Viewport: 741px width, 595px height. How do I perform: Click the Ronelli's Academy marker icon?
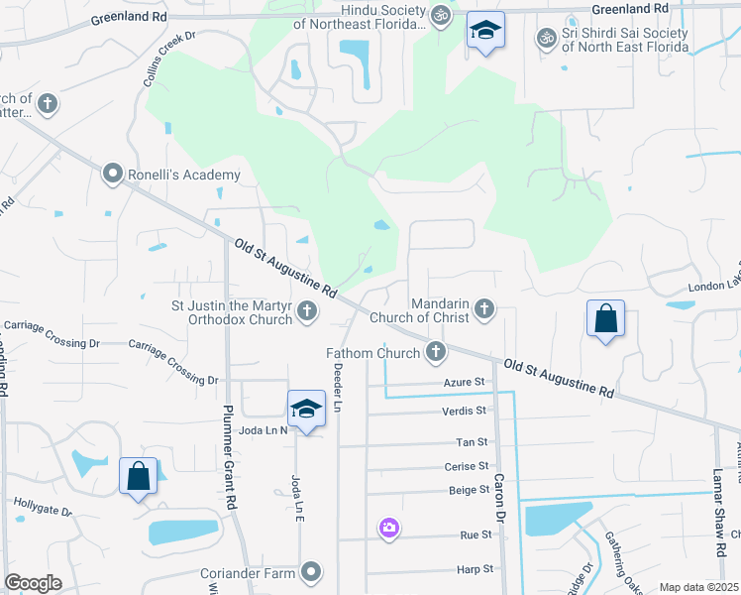click(x=112, y=175)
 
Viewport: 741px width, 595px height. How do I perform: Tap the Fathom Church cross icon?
click(x=435, y=351)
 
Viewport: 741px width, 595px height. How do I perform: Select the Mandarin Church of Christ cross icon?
click(x=483, y=309)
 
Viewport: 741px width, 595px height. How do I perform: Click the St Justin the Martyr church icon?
click(x=307, y=311)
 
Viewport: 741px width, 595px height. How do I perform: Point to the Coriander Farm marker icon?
click(x=312, y=570)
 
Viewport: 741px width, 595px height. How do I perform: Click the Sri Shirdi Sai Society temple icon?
click(x=545, y=38)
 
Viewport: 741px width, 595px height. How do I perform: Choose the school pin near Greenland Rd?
click(x=485, y=31)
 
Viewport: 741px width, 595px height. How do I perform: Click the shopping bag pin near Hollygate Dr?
click(x=139, y=476)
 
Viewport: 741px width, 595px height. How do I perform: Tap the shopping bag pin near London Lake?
click(x=605, y=319)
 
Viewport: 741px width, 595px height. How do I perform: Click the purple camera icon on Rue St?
click(x=389, y=528)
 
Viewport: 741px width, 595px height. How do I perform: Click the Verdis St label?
click(x=465, y=411)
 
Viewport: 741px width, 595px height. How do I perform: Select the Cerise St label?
click(x=469, y=466)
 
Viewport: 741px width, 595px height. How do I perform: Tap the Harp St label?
click(x=475, y=569)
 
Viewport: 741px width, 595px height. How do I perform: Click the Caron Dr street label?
click(x=500, y=504)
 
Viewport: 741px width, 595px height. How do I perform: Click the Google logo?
click(x=33, y=583)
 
